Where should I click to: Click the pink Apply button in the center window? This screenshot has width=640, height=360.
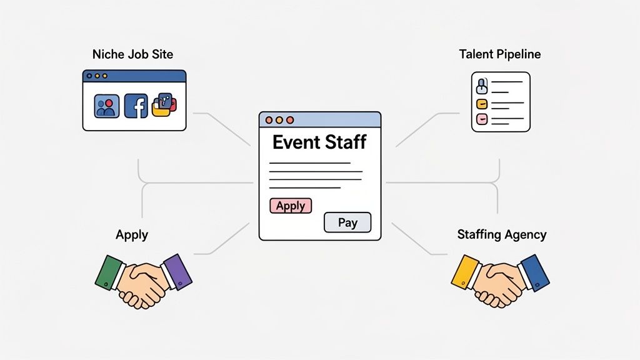[291, 206]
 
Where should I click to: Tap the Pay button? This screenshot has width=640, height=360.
[347, 222]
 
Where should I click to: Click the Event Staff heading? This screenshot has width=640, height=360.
[319, 142]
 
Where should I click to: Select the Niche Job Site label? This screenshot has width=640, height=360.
[132, 54]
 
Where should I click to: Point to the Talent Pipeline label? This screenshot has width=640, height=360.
[499, 54]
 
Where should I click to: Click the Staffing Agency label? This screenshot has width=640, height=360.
[502, 235]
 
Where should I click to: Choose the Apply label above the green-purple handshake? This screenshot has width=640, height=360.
[132, 235]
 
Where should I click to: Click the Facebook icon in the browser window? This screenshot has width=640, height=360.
[136, 106]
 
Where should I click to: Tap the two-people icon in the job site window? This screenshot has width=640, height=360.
[106, 106]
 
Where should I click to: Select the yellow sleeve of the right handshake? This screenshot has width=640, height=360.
[465, 271]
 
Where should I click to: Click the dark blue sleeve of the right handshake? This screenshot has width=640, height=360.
[535, 272]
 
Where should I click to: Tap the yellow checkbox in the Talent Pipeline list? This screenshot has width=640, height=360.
[482, 104]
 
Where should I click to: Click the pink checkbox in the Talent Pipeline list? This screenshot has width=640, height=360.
[482, 118]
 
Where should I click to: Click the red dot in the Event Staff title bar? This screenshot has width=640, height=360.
[269, 119]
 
